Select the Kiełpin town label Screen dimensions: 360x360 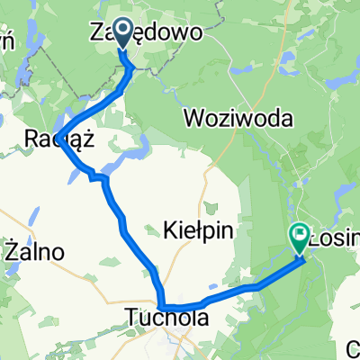(201, 231)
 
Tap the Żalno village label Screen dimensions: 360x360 (33, 252)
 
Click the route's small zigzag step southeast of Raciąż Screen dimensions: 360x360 (97, 177)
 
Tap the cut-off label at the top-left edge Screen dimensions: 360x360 (7, 40)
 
